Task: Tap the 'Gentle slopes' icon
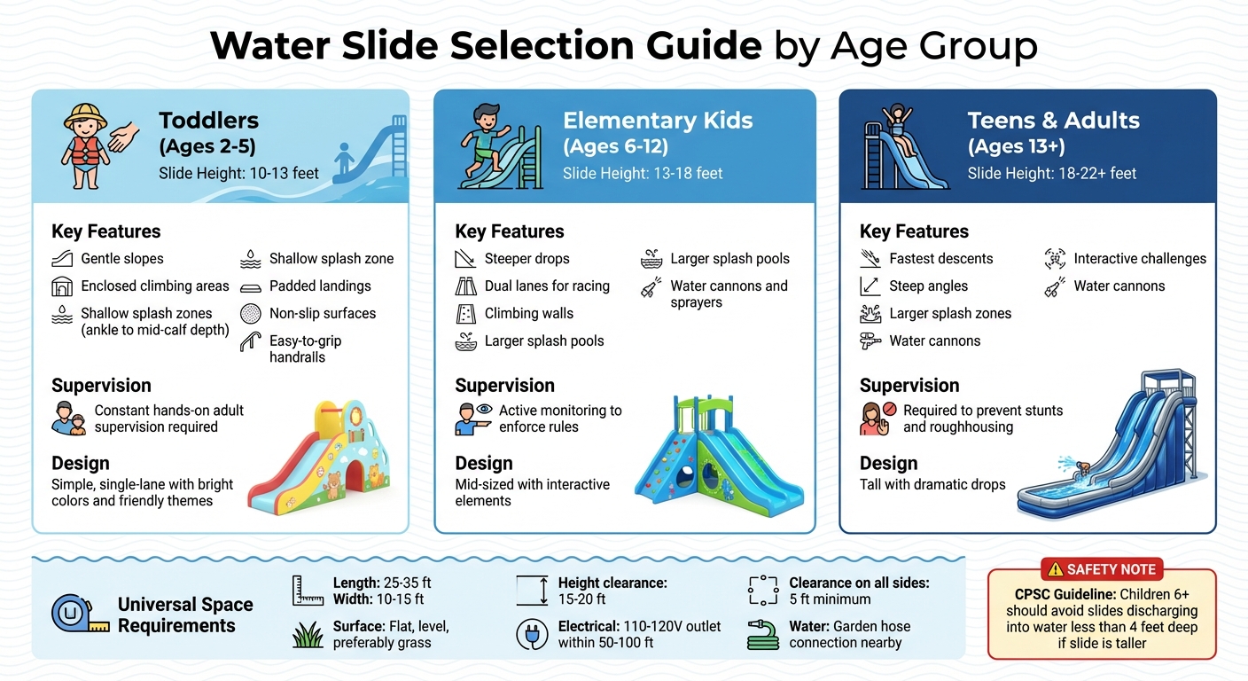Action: click(x=63, y=259)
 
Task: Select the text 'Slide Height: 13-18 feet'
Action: click(x=643, y=173)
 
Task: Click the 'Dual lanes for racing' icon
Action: click(x=466, y=286)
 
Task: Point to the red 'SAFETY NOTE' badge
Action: click(x=1102, y=569)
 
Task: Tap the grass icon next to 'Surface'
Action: click(x=307, y=635)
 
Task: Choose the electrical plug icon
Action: click(x=532, y=635)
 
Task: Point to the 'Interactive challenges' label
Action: click(x=1140, y=259)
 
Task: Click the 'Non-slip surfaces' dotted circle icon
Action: click(x=252, y=314)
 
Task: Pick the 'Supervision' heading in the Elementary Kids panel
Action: click(x=504, y=386)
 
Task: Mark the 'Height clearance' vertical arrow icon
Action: click(x=532, y=591)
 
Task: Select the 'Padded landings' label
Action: click(x=320, y=286)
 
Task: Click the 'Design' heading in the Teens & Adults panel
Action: click(x=888, y=464)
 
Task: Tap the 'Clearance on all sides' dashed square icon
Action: click(x=762, y=591)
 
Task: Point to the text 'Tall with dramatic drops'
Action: click(x=932, y=485)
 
